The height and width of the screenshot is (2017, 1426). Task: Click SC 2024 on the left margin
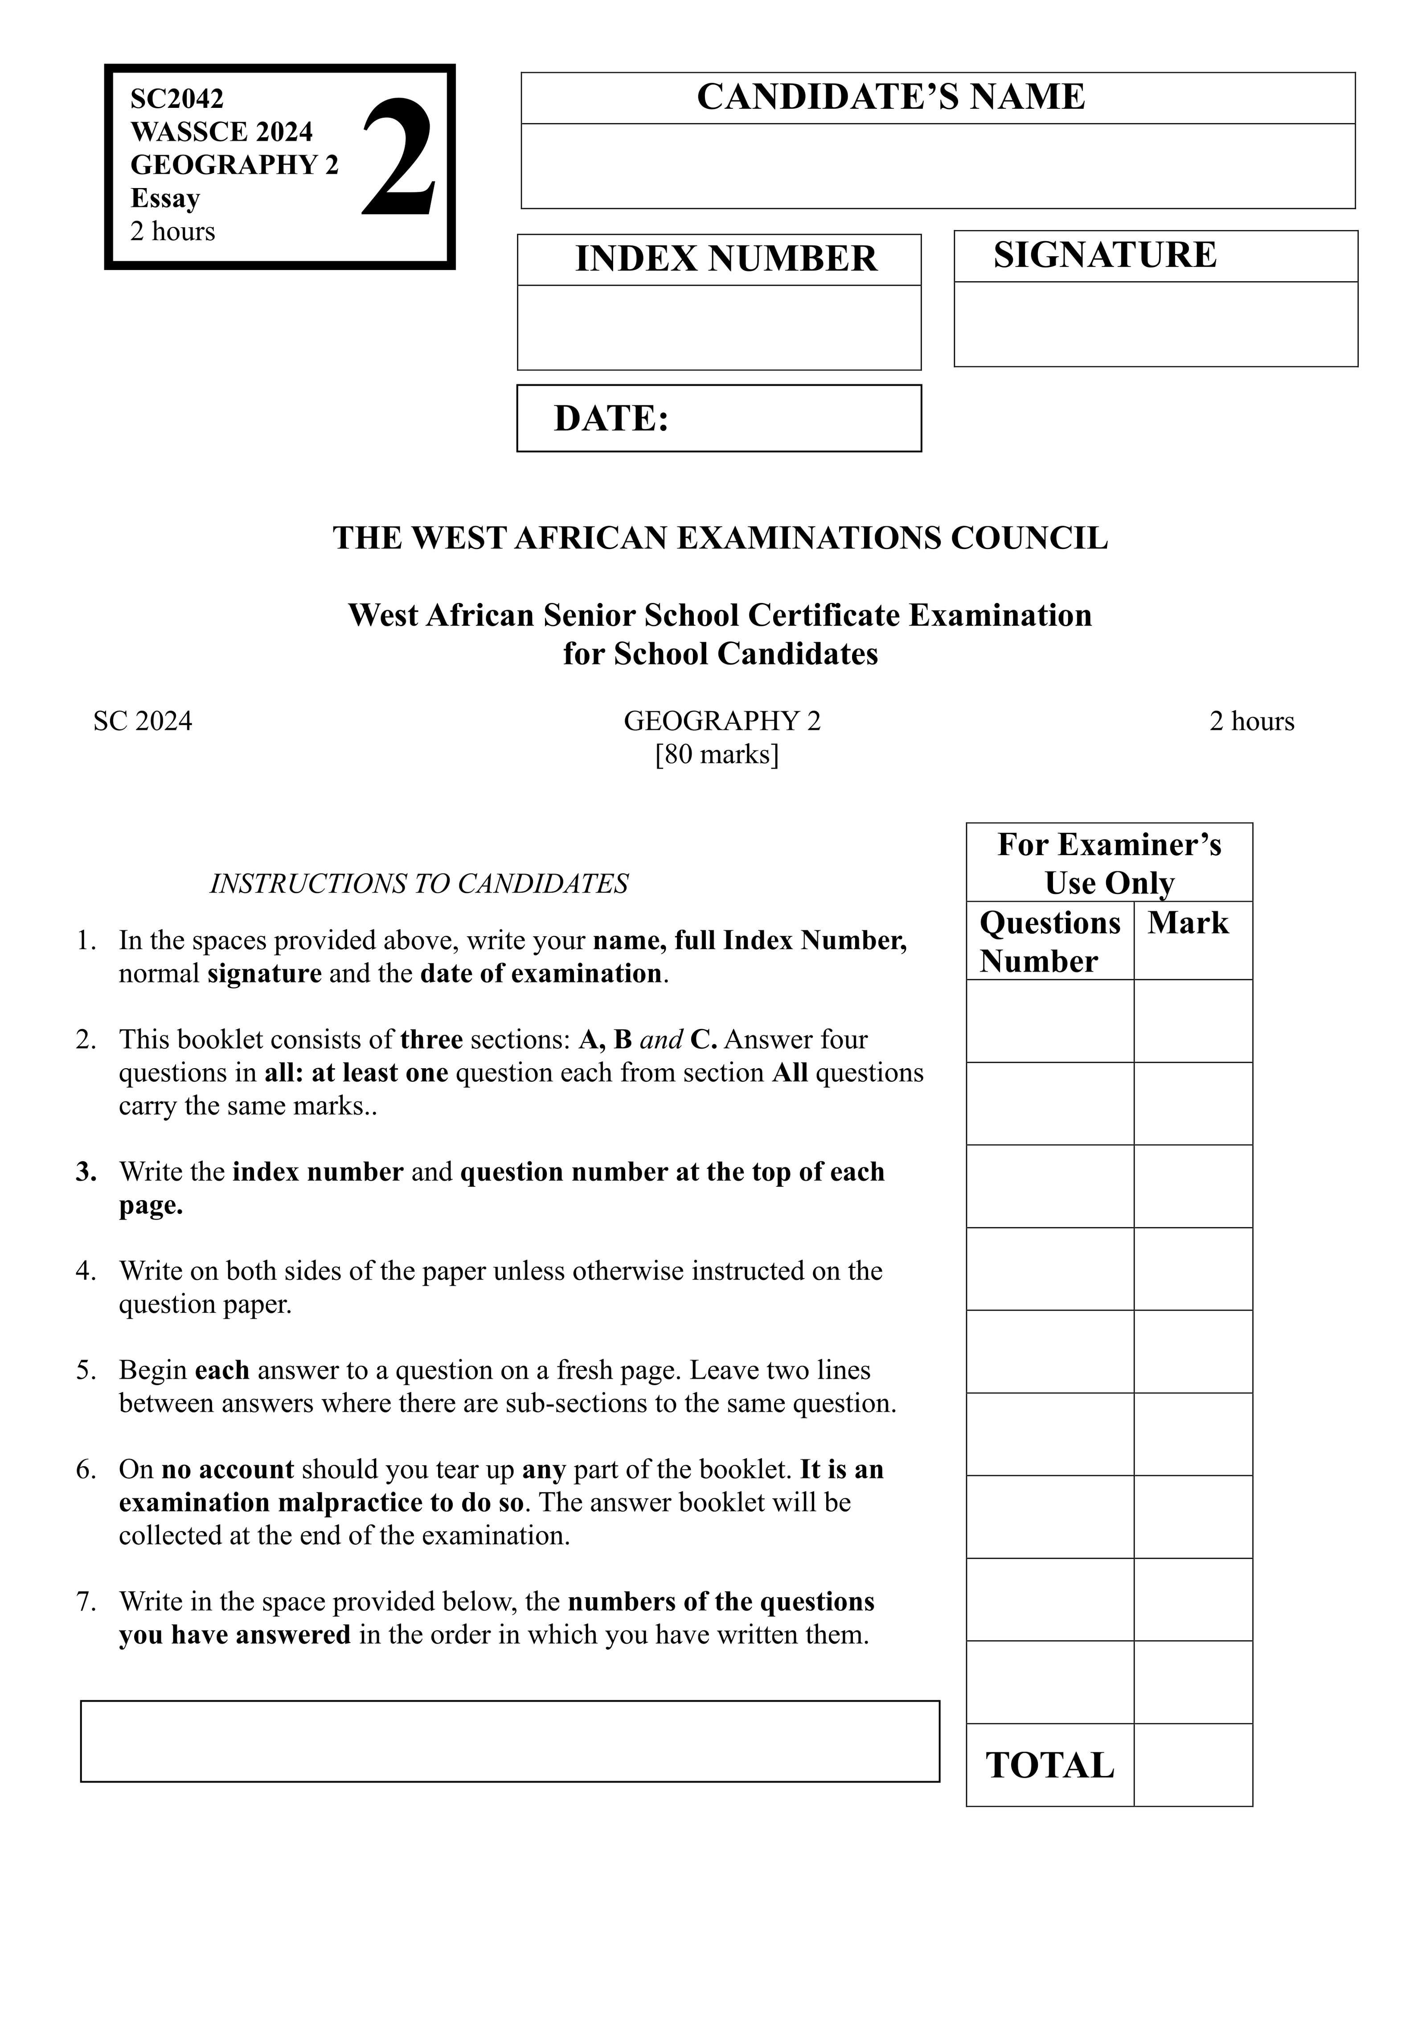click(x=142, y=721)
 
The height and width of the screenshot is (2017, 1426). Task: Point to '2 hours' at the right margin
click(x=1251, y=721)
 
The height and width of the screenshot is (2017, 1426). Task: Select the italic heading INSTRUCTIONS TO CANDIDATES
click(x=418, y=883)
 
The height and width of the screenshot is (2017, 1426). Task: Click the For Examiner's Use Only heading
click(x=1109, y=863)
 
